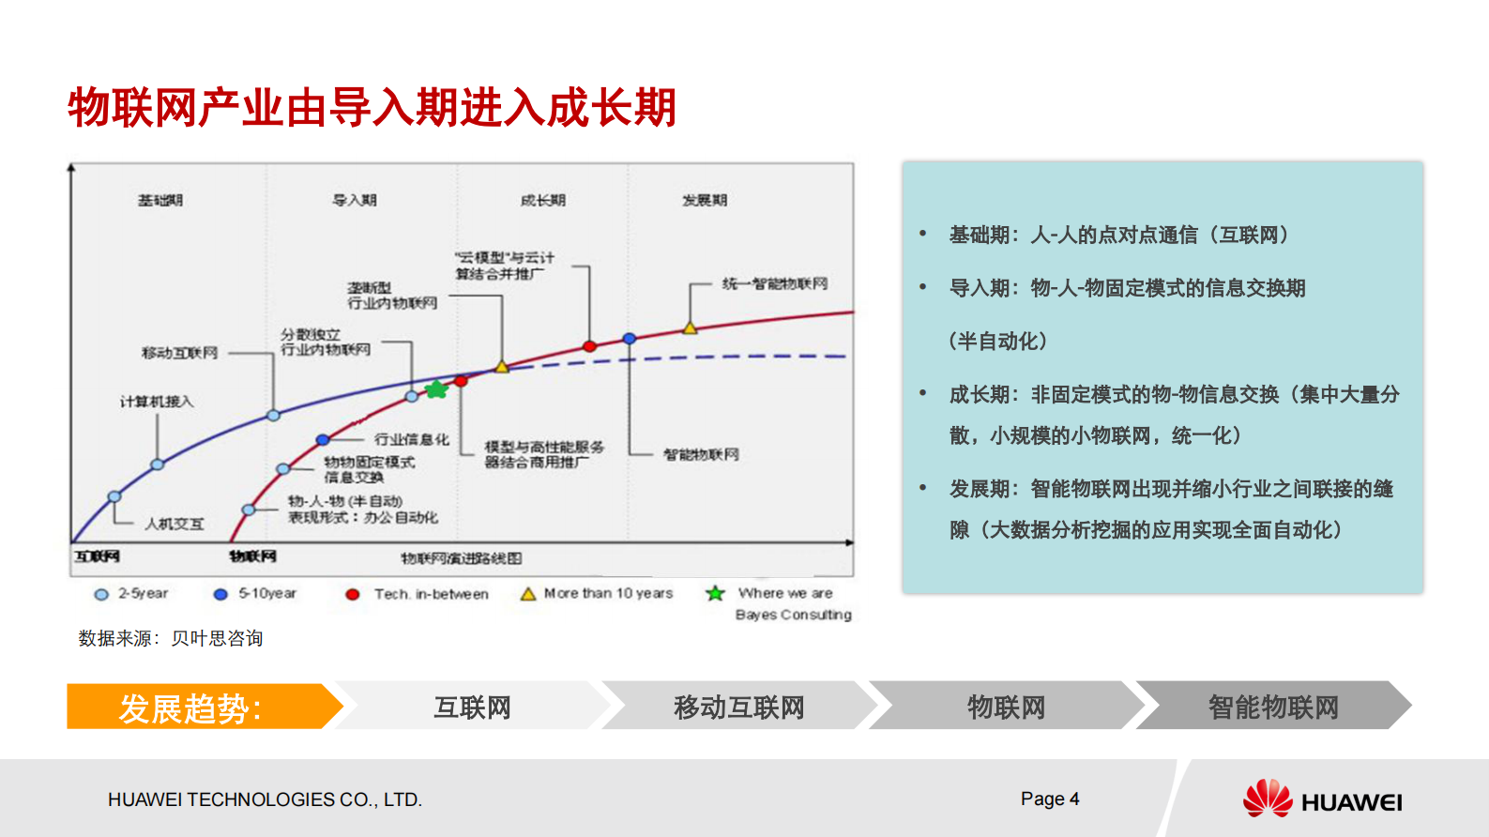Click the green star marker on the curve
[x=436, y=389]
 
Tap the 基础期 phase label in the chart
[x=160, y=200]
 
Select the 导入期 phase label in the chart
[x=355, y=200]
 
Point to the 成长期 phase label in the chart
[x=543, y=200]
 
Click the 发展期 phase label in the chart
[x=705, y=200]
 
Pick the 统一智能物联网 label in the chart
[x=775, y=283]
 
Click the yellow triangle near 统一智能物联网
[x=690, y=328]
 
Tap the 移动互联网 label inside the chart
[x=179, y=353]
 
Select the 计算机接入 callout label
[x=157, y=402]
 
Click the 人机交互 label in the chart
[x=175, y=524]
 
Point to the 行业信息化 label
[x=412, y=439]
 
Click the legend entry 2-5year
[x=132, y=594]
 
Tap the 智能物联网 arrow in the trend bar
[x=1272, y=707]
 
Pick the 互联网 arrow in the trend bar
[x=472, y=707]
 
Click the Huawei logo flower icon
[x=1268, y=799]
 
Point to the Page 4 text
[x=1050, y=799]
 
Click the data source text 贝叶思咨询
[x=217, y=638]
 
